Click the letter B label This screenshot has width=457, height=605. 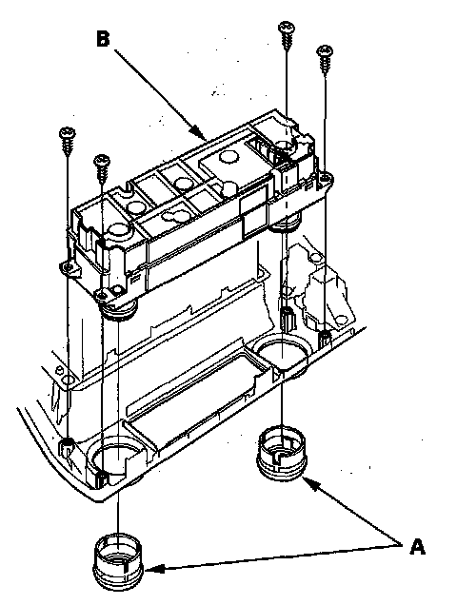coord(103,39)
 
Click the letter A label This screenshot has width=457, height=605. coord(417,547)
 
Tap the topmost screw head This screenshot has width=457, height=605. coord(287,28)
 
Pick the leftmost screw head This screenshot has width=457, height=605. coord(68,132)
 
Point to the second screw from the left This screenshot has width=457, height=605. coord(102,167)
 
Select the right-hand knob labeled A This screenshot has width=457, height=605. coord(282,453)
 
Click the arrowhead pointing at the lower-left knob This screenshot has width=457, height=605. coord(153,568)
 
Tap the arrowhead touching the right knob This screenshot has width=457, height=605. coord(310,482)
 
